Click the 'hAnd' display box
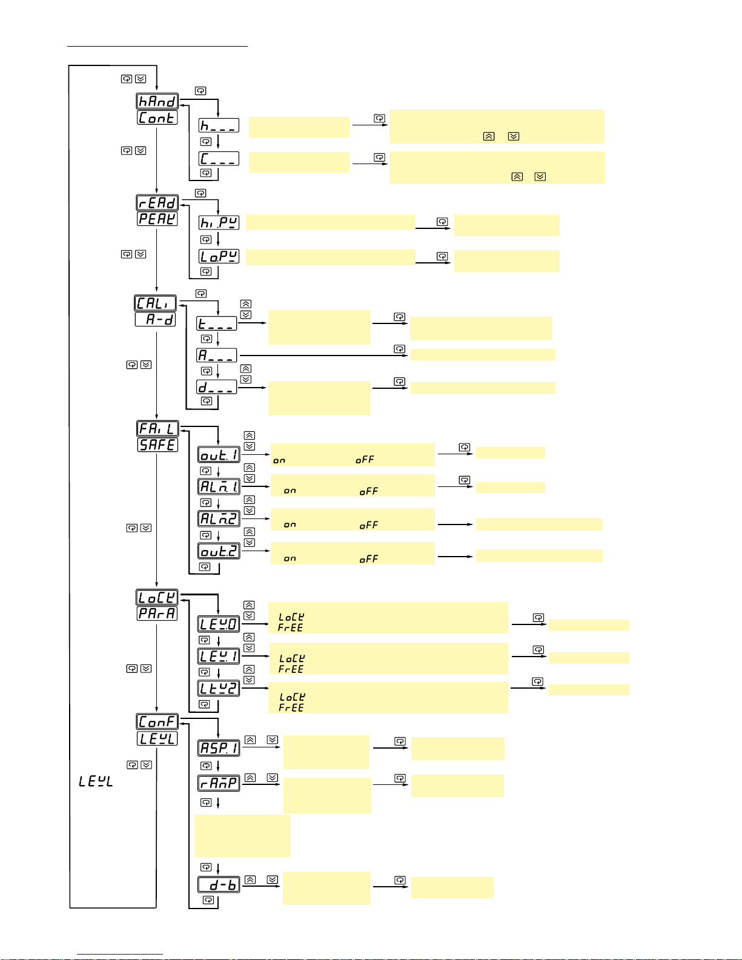(157, 101)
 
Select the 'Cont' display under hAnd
(157, 118)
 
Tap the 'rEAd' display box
(157, 202)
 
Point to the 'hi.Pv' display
(219, 223)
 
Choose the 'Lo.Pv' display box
(219, 256)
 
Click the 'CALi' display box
(155, 303)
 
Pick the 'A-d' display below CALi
(155, 319)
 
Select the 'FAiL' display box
(157, 429)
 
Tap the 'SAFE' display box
(157, 445)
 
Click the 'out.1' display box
(219, 455)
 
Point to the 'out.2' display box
(219, 551)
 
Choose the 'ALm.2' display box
(219, 518)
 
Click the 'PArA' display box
(157, 613)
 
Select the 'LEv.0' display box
(219, 624)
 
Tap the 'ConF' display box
(157, 721)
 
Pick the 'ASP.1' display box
(219, 748)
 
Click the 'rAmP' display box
(219, 783)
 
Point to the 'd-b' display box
(219, 885)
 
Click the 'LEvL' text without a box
(96, 781)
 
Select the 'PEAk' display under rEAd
(157, 219)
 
